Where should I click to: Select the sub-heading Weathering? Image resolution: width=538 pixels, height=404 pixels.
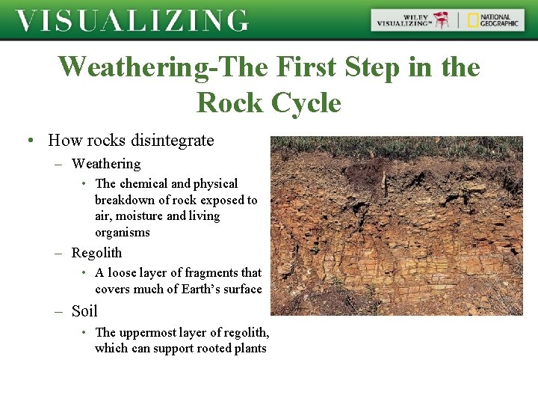[x=105, y=164]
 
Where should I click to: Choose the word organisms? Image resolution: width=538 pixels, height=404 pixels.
[x=123, y=233]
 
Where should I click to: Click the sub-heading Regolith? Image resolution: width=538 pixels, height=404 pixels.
[x=96, y=253]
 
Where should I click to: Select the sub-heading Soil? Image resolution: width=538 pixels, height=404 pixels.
[x=84, y=311]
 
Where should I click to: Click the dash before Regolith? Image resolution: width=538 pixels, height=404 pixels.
[x=58, y=253]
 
